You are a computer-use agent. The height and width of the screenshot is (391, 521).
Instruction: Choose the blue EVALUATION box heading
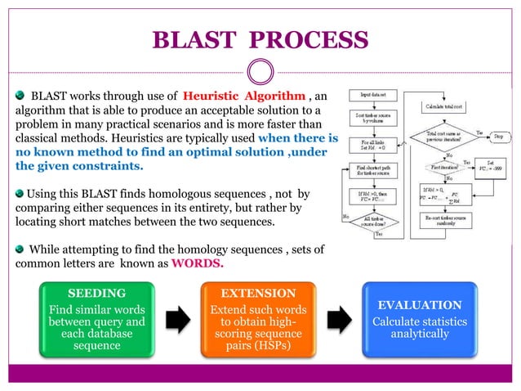419,303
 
